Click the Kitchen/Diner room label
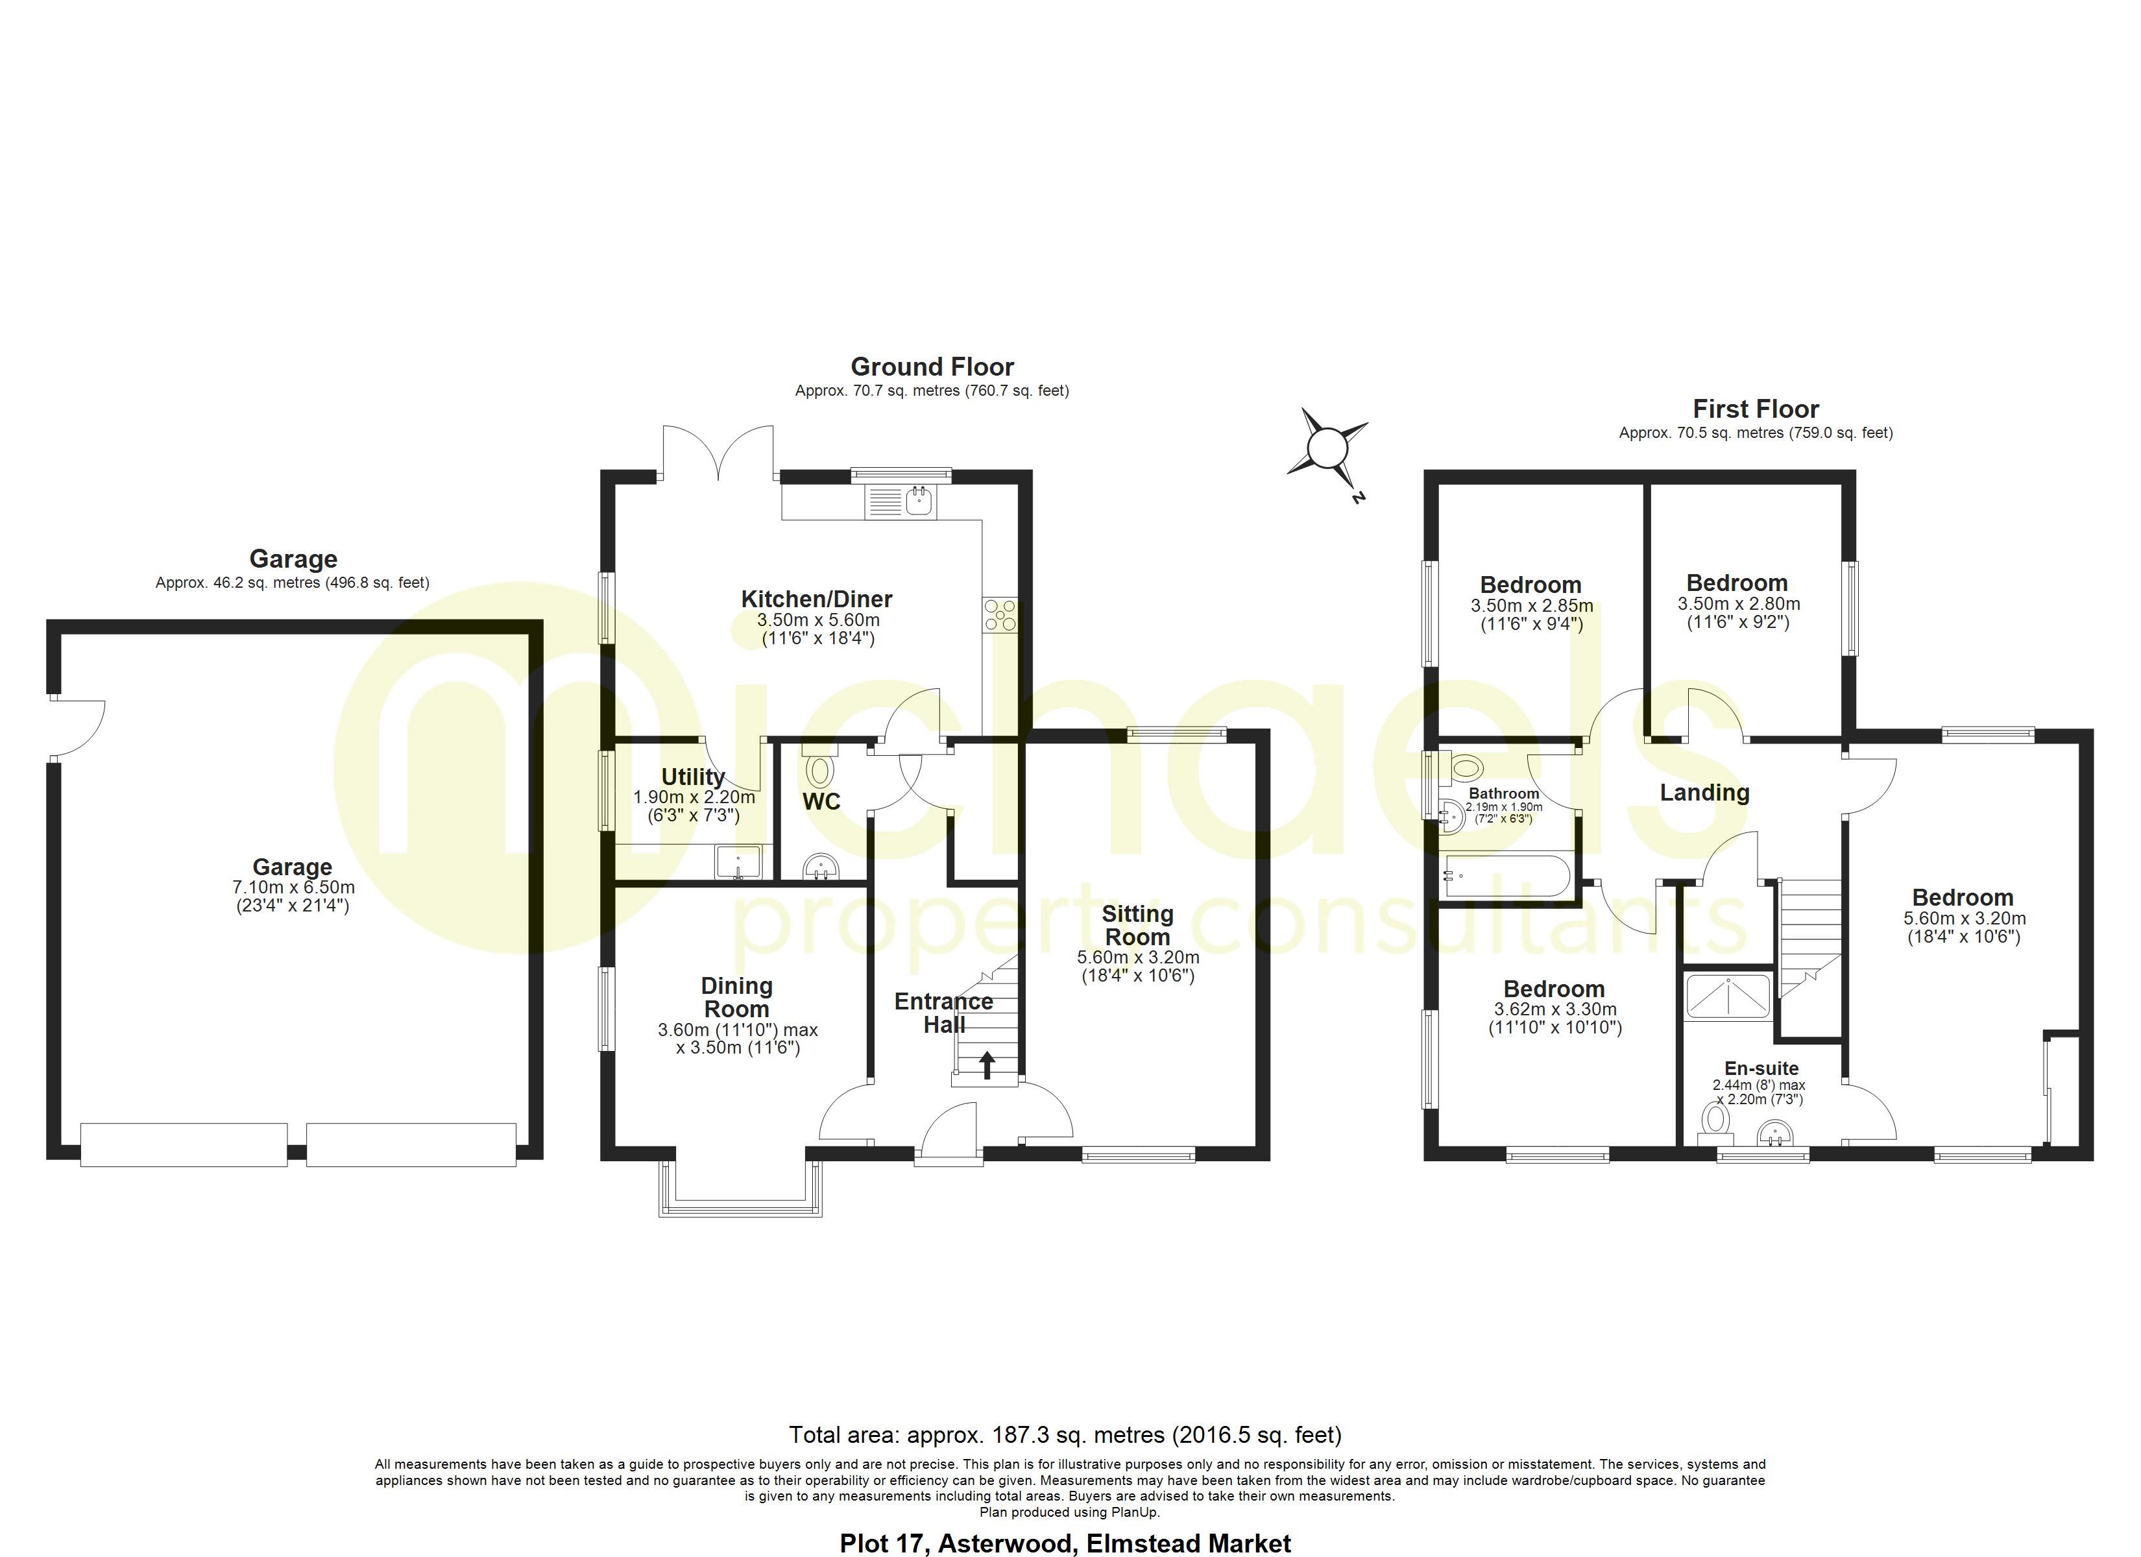(x=817, y=599)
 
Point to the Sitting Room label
(x=1137, y=925)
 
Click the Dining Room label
(x=736, y=997)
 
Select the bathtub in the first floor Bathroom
(x=1506, y=875)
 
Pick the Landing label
(x=1705, y=792)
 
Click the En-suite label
(x=1761, y=1068)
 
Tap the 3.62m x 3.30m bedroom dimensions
(x=1554, y=1009)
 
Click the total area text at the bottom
(x=1065, y=1435)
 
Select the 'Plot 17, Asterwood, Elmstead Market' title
(x=1065, y=1543)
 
